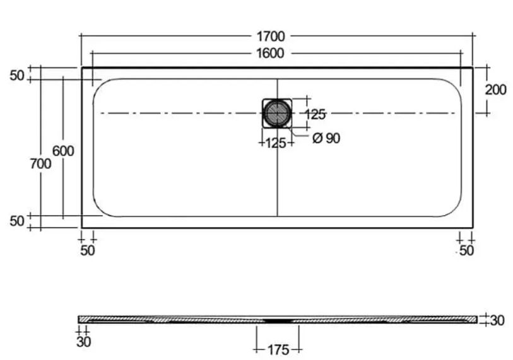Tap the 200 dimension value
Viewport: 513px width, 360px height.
495,90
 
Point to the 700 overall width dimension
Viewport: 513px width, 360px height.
40,163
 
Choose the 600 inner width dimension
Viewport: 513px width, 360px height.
63,151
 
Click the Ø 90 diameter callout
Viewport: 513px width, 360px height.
326,138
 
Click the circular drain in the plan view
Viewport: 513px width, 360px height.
276,113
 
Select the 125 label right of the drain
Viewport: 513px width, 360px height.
315,114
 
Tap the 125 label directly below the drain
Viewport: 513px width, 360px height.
276,142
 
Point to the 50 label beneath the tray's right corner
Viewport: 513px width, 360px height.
466,250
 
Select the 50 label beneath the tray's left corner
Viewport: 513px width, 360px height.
88,250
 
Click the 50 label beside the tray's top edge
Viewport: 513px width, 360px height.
17,76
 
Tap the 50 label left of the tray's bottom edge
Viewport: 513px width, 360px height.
17,221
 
